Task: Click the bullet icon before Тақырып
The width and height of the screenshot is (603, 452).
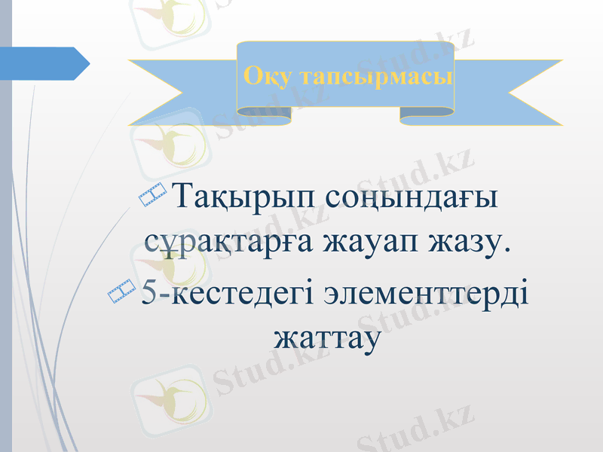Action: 153,195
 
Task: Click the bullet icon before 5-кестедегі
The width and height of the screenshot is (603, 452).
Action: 121,291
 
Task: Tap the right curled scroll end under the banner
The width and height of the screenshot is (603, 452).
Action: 426,113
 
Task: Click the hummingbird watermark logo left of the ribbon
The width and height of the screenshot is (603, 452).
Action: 167,145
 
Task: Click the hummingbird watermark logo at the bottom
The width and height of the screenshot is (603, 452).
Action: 167,392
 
